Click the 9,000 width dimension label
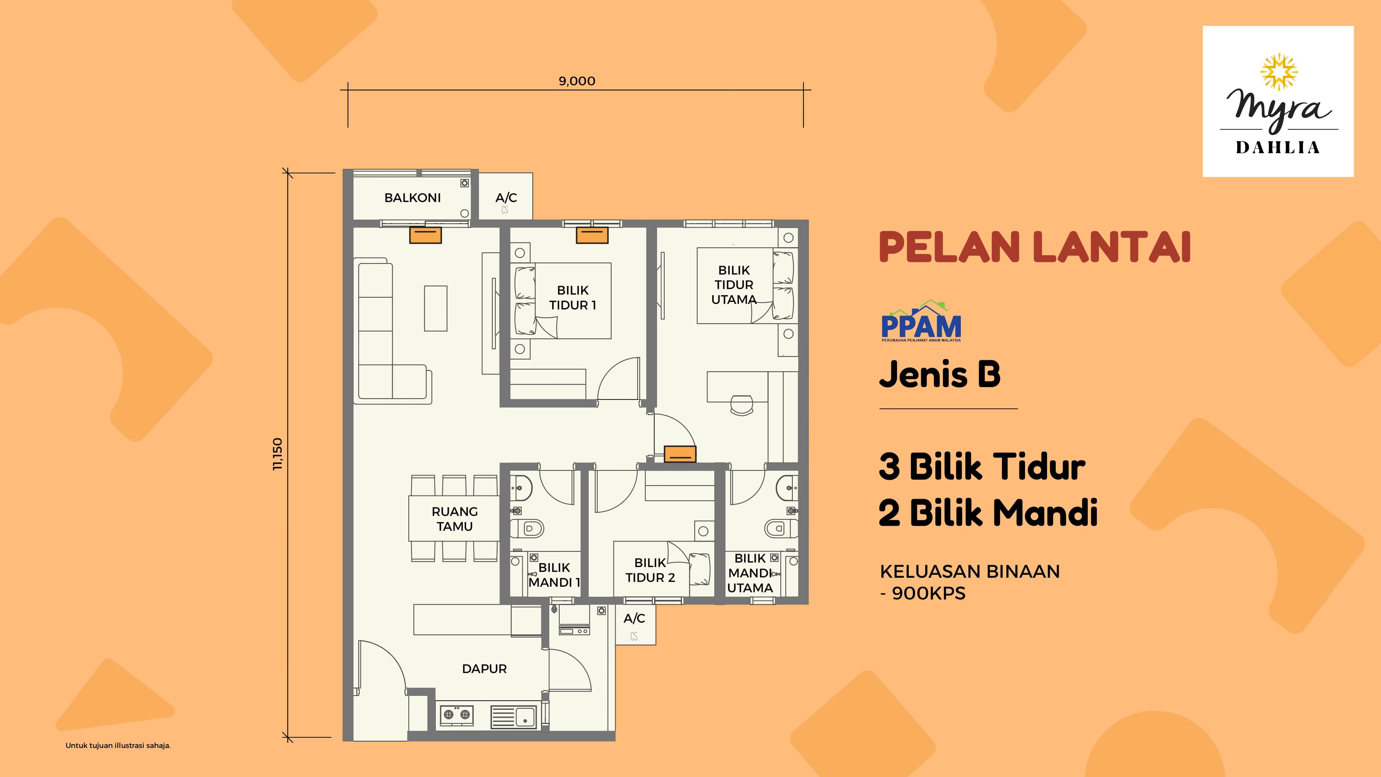(x=577, y=81)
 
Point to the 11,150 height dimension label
(x=277, y=454)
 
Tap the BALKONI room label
(x=412, y=198)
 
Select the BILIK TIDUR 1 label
(x=572, y=298)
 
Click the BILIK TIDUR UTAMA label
(x=734, y=285)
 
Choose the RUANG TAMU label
(x=455, y=519)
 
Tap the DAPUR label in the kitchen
(x=484, y=669)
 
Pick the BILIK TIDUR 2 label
(x=650, y=570)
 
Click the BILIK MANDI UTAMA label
(x=750, y=573)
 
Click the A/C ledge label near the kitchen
(x=634, y=618)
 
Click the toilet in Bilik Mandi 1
(x=527, y=529)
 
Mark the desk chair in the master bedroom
(x=742, y=405)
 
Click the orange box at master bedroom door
(x=680, y=454)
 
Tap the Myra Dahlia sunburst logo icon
(x=1278, y=72)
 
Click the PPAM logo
(x=921, y=321)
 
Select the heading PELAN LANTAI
(x=1035, y=247)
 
